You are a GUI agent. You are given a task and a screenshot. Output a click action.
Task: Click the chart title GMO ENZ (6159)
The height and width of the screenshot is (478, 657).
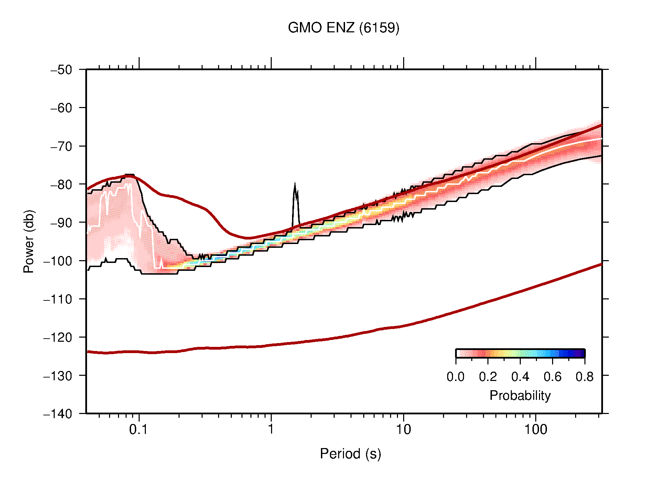pos(343,28)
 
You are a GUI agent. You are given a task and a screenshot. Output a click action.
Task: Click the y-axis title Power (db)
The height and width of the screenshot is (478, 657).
pos(29,241)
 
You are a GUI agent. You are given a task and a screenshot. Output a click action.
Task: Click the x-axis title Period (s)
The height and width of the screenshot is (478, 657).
pos(350,454)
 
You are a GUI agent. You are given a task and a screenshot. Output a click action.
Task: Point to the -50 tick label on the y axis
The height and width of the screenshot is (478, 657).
pos(62,70)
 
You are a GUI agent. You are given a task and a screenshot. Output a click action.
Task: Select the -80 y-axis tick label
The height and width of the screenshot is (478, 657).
pos(62,184)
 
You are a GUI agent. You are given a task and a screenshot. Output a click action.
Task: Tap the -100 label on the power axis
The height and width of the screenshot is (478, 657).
pos(58,261)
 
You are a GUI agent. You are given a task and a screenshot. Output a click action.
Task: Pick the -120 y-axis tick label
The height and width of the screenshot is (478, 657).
pos(58,337)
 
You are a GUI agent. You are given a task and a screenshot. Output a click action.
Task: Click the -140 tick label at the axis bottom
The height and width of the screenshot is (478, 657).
pos(58,414)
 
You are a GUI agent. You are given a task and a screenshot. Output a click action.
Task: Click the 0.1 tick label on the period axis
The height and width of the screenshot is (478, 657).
pos(138,429)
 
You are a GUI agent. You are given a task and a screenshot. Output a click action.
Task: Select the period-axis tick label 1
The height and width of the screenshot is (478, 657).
pos(271,429)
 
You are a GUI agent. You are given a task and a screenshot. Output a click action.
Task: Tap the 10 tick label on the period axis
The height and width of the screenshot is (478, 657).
pos(403,429)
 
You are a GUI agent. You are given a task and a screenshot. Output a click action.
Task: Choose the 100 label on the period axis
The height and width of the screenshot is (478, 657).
pos(535,429)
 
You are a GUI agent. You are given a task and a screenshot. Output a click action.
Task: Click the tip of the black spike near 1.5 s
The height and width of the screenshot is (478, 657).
pos(295,183)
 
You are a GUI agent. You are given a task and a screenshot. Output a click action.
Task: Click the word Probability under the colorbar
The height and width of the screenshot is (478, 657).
pos(520,396)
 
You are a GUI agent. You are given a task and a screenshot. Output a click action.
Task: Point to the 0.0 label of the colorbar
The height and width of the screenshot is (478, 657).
pos(455,377)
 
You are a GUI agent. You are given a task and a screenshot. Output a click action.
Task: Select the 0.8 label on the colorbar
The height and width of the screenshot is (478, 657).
pos(584,377)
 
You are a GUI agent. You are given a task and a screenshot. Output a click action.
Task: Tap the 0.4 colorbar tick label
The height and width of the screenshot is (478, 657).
pos(520,377)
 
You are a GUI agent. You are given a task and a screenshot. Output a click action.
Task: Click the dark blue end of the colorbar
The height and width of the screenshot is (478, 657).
pos(581,353)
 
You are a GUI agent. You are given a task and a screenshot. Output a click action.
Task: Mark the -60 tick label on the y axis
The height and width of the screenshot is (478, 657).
pos(62,108)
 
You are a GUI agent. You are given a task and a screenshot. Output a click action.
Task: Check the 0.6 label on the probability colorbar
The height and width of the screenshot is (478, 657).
pos(552,377)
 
